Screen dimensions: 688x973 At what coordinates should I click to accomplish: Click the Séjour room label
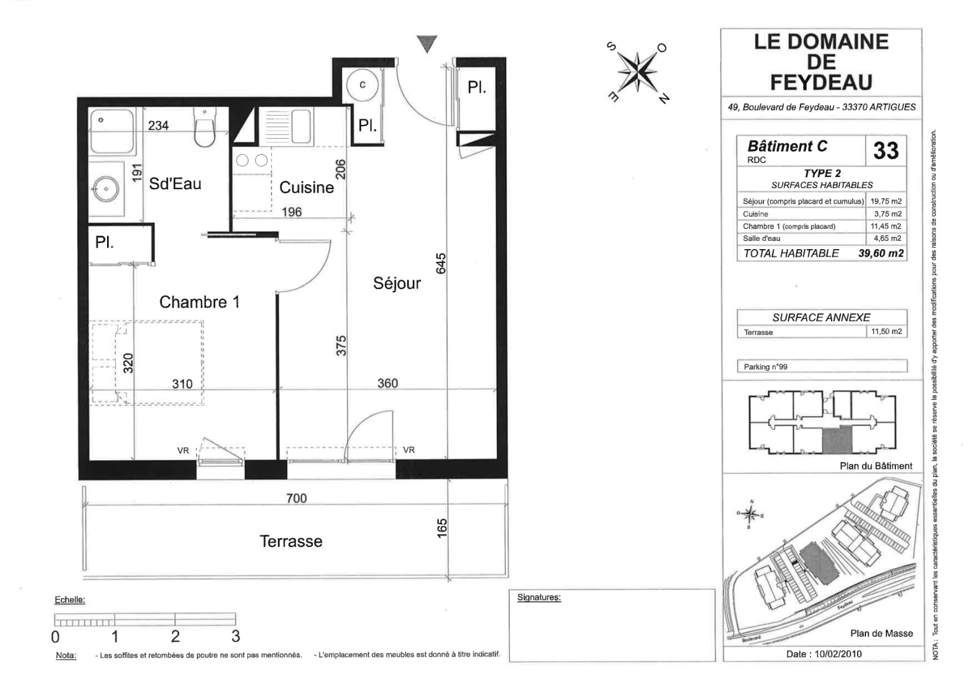tap(397, 283)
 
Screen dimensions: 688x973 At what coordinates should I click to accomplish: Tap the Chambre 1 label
tap(199, 302)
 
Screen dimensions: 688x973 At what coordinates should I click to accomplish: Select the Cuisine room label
tap(306, 187)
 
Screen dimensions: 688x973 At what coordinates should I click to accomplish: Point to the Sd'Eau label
tap(175, 184)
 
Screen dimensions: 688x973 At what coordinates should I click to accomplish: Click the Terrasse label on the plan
tap(291, 541)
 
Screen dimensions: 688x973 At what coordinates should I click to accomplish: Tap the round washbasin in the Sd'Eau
tap(106, 187)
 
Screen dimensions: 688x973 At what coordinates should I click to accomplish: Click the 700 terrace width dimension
tap(296, 498)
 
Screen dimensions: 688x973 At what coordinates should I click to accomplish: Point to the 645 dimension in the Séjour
tap(441, 264)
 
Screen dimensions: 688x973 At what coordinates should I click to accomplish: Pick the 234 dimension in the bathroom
tap(159, 125)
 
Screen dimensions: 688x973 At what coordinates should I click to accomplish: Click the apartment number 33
tap(886, 151)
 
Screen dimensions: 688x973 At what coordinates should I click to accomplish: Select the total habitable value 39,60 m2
tap(881, 254)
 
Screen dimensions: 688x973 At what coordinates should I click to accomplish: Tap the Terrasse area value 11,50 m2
tap(886, 332)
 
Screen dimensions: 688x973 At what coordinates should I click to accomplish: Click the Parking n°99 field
tap(821, 367)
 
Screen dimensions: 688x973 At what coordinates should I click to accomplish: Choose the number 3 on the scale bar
tap(235, 636)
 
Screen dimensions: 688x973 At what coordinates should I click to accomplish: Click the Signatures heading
tap(539, 598)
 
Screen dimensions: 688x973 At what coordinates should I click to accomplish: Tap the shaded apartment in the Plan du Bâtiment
tap(837, 440)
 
